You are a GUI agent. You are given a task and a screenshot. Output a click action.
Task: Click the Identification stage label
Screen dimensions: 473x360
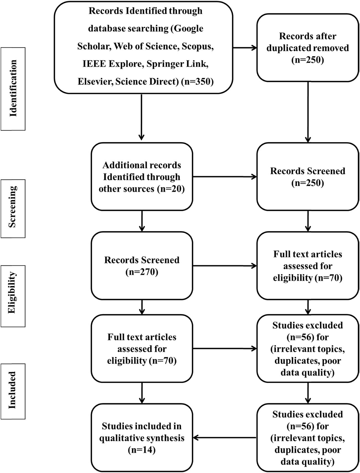(x=13, y=89)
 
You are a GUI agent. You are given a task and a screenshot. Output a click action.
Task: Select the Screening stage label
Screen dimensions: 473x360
(x=13, y=208)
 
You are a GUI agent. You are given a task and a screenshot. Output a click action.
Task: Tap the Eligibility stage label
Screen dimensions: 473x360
(x=13, y=296)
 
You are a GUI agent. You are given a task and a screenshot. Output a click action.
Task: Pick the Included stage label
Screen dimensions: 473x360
(x=13, y=391)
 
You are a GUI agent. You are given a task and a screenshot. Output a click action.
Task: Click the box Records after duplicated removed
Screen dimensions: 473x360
(x=307, y=48)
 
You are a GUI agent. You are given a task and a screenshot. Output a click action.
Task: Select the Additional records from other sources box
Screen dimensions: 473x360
(x=142, y=177)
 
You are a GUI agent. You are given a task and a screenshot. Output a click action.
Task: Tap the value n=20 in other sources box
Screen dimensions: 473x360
(x=171, y=189)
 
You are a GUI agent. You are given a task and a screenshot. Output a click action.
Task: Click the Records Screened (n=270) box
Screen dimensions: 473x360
(x=142, y=266)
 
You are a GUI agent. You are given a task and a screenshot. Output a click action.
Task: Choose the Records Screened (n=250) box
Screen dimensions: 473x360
(x=307, y=177)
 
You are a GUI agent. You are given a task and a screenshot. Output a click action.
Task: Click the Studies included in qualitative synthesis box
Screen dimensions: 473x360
(x=142, y=438)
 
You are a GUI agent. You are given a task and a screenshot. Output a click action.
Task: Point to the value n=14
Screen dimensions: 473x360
(x=142, y=450)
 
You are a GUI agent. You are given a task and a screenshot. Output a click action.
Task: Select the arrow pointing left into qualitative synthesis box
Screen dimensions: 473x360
(x=224, y=438)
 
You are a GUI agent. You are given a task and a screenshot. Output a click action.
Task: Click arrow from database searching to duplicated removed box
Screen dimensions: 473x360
(x=245, y=48)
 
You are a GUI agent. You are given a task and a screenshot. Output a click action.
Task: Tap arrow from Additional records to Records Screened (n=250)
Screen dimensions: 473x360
(x=224, y=177)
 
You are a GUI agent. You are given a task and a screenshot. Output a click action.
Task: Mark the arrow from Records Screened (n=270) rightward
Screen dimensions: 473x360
(x=224, y=266)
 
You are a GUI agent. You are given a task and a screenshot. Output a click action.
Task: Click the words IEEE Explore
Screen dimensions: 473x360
(x=113, y=64)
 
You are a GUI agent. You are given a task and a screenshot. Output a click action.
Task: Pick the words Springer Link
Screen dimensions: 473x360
(x=177, y=64)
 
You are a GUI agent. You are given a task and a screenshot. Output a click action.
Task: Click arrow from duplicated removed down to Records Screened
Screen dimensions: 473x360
(x=308, y=112)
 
